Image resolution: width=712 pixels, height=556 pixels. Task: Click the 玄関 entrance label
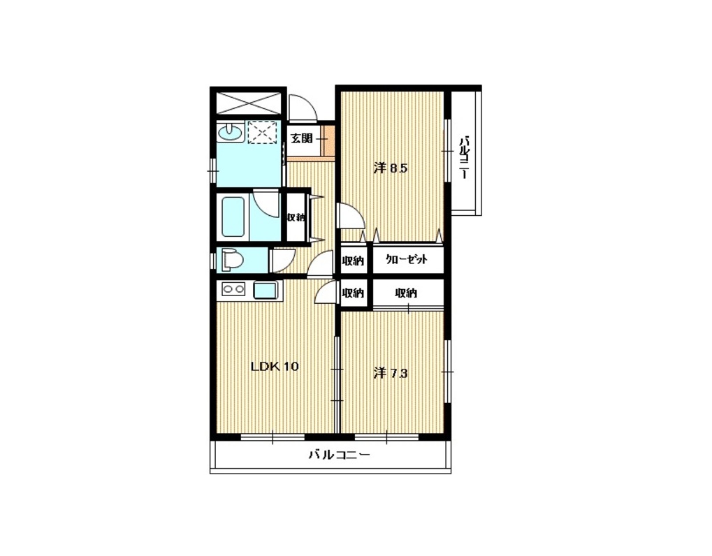coord(301,138)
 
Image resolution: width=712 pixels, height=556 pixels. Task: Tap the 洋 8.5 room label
coord(391,168)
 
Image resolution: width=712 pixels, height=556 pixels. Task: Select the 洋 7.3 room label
coord(391,373)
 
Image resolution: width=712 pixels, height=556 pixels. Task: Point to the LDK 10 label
coord(275,366)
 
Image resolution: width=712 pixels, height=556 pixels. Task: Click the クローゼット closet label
coord(407,260)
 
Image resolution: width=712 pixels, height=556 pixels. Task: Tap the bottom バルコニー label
coord(339,454)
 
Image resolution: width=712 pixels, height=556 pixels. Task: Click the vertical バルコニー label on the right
coord(464,157)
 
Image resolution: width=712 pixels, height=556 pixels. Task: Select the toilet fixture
coord(232,261)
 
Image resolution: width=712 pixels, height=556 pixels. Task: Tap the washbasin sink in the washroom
coord(230,133)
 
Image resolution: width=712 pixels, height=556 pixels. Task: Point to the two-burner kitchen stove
coord(233,288)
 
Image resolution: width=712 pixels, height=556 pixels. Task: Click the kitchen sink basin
coord(265,290)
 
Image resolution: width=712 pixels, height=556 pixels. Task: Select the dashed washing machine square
coord(263,133)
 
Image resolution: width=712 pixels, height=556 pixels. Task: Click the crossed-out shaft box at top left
coord(248,103)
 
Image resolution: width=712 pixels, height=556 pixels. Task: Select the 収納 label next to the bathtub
coord(296,217)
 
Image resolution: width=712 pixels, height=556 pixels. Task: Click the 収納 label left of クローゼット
coord(354,261)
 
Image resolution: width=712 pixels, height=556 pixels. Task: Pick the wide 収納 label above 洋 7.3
coord(406,293)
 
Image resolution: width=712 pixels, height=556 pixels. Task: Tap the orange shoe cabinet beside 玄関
coord(326,138)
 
